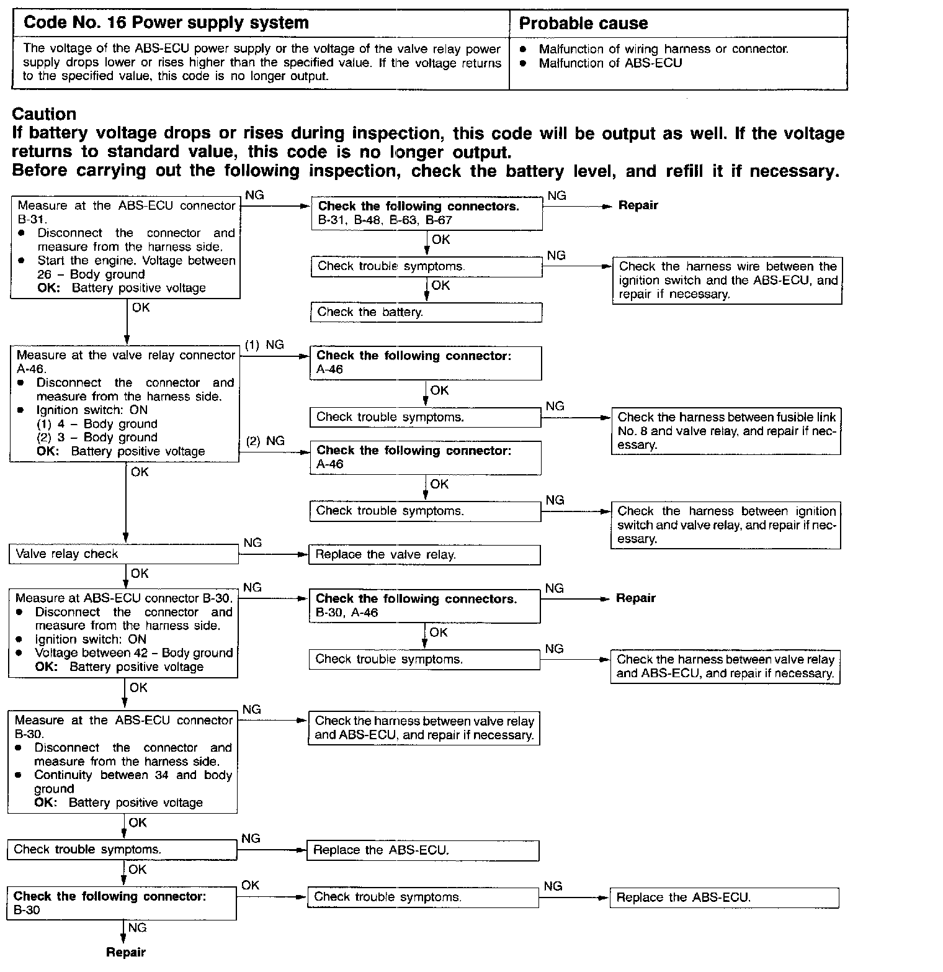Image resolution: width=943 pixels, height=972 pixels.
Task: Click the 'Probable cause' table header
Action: tap(583, 24)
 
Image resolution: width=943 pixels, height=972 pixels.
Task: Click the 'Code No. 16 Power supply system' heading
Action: tap(166, 23)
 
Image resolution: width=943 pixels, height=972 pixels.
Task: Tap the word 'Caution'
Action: tap(44, 114)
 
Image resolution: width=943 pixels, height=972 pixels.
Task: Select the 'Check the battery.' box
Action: tap(426, 312)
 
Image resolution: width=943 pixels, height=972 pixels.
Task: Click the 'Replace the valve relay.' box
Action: tap(424, 555)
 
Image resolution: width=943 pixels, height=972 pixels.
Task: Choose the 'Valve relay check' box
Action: tap(123, 554)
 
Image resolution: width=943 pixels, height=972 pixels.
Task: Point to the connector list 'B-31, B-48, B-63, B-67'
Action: tap(385, 220)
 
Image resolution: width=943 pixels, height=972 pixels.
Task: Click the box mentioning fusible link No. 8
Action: tap(726, 431)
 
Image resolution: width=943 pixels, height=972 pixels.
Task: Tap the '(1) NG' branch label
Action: tap(264, 345)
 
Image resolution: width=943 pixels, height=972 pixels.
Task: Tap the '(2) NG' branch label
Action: tap(266, 441)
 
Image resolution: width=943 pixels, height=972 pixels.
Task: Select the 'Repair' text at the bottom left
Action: tap(126, 952)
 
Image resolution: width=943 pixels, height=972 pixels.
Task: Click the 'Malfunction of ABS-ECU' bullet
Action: tap(610, 63)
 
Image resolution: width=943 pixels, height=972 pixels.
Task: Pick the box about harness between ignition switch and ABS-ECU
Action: tap(727, 281)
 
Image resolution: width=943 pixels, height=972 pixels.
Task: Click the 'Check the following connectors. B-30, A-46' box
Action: tap(424, 606)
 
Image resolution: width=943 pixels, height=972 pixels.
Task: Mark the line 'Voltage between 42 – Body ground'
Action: tap(133, 653)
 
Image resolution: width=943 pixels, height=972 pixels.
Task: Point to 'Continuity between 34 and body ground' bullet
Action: tap(133, 781)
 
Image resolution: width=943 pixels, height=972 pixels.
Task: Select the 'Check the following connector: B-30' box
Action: tap(122, 903)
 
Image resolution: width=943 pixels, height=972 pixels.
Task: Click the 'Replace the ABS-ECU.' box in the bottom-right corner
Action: tap(724, 898)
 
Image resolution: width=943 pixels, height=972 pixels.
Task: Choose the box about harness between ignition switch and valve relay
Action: tap(726, 525)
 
